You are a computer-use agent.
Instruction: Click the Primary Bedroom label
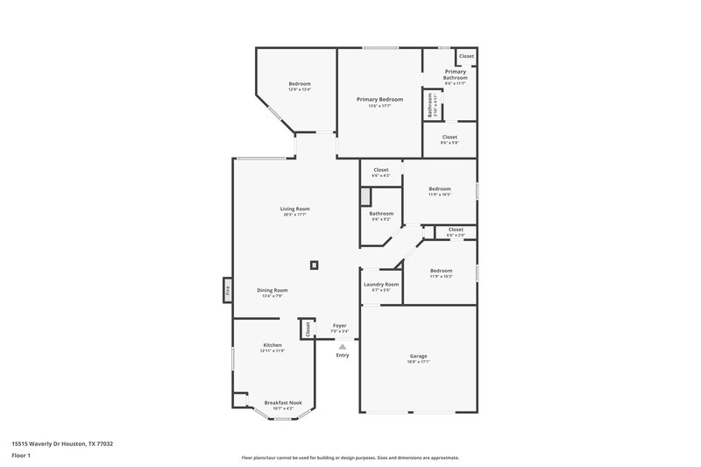click(379, 100)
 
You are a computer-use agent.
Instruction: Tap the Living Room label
click(295, 209)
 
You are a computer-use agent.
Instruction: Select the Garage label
click(418, 356)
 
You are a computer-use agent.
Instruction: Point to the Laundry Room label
click(381, 285)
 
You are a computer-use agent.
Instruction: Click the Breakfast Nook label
click(282, 403)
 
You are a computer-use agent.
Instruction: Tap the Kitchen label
click(273, 345)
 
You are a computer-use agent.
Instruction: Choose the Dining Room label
click(273, 291)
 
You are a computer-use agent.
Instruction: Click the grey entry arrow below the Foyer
click(342, 346)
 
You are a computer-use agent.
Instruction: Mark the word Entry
click(342, 355)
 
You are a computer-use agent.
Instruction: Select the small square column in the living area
click(314, 265)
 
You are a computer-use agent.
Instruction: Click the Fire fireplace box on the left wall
click(226, 289)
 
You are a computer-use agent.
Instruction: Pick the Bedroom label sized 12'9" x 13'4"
click(300, 84)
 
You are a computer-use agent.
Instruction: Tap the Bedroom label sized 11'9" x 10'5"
click(440, 189)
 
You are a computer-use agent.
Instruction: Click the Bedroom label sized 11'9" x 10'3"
click(441, 272)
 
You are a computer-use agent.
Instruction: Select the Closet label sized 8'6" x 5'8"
click(450, 138)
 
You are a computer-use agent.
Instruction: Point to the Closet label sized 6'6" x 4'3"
click(381, 170)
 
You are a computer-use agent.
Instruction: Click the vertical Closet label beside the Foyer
click(308, 329)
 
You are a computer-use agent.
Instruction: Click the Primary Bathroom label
click(455, 74)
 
